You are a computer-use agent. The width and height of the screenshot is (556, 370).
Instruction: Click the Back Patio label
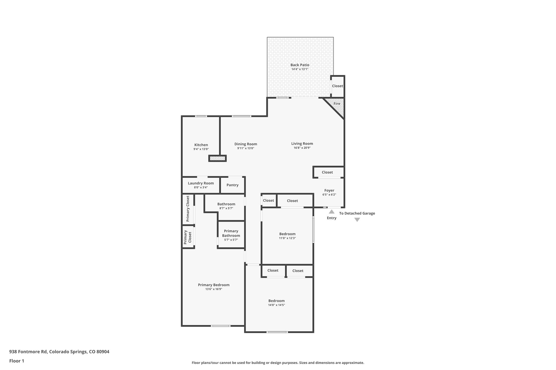click(x=300, y=65)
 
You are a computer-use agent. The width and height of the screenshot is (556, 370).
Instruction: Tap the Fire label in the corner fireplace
click(x=337, y=104)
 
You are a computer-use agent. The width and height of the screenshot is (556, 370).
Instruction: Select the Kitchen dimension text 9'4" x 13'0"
click(x=201, y=149)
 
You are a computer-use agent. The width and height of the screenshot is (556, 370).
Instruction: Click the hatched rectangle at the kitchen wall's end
click(x=217, y=158)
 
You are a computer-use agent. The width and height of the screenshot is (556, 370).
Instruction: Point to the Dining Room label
click(x=246, y=144)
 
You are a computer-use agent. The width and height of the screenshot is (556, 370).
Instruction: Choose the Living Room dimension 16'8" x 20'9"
click(x=302, y=148)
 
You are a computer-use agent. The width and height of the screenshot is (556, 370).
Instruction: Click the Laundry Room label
click(x=201, y=183)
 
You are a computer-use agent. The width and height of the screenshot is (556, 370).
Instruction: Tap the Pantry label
click(x=232, y=185)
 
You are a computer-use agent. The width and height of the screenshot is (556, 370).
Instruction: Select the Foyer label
click(x=329, y=190)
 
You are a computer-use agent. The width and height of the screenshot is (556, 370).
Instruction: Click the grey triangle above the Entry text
click(x=331, y=212)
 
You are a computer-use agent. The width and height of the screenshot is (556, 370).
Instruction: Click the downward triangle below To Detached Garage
click(x=357, y=220)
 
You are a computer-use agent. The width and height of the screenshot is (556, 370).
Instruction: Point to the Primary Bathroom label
click(x=231, y=233)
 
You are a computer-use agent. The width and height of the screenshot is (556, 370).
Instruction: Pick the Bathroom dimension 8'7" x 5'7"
click(x=226, y=208)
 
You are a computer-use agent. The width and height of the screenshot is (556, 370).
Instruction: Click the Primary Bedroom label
click(x=214, y=285)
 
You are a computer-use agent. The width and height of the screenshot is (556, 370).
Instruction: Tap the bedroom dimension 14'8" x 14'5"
click(x=276, y=305)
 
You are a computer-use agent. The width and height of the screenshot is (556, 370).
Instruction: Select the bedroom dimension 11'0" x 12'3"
click(x=287, y=238)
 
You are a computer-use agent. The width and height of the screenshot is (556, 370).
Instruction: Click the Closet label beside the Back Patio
click(x=337, y=86)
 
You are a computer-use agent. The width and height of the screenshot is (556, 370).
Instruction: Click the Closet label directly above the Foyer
click(x=327, y=172)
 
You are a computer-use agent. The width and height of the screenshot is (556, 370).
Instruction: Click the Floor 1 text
click(x=17, y=361)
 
